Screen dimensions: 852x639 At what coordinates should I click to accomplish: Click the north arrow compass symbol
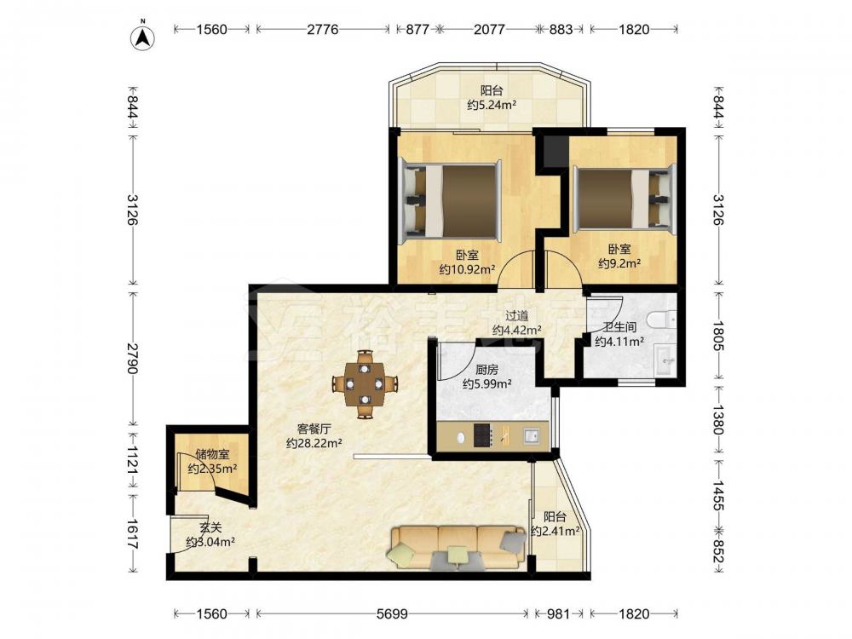point(142,37)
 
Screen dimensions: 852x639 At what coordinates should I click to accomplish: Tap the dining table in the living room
point(365,384)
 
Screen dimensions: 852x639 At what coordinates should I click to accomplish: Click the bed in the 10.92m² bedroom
point(450,200)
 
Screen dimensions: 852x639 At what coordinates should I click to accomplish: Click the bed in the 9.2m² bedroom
point(624,199)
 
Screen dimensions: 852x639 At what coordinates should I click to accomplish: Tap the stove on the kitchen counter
point(483,435)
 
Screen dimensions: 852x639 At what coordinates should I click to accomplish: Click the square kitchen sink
point(532,435)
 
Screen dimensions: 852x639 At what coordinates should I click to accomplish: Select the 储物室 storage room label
point(212,454)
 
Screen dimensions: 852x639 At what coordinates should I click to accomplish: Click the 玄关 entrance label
point(210,527)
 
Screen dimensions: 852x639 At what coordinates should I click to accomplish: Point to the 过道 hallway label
point(517,315)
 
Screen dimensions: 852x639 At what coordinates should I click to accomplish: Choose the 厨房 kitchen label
point(486,370)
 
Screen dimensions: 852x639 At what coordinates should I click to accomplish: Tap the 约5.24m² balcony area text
point(492,105)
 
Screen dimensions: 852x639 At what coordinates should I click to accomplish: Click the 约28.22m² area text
point(314,443)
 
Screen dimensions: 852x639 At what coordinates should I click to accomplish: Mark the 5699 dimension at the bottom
point(392,614)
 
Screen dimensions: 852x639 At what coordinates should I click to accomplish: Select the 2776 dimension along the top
point(323,29)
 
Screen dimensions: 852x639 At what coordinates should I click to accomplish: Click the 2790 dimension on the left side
point(132,358)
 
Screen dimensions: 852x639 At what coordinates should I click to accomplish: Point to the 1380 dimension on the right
point(718,419)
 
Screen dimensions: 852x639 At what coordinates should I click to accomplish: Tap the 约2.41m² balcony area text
point(556,531)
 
